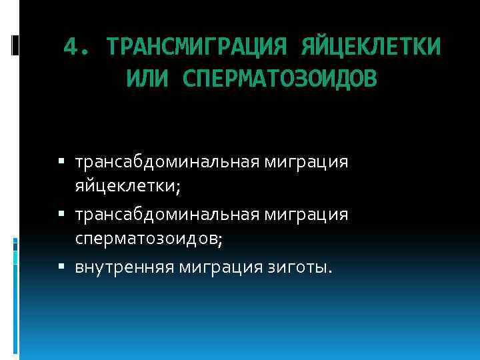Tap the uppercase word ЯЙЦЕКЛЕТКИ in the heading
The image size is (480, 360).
point(371,48)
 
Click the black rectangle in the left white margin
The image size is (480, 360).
point(14,44)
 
